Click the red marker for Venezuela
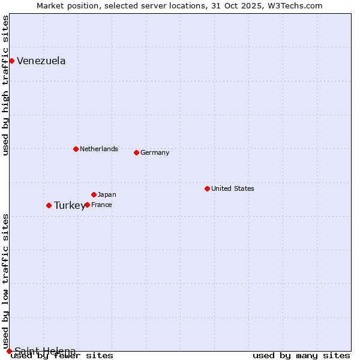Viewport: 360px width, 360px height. (11, 61)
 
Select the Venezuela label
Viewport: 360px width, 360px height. (41, 61)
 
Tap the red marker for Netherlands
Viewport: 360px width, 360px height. (76, 149)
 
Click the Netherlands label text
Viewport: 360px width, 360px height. (98, 149)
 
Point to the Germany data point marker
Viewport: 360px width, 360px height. (136, 152)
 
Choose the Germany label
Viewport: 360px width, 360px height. (154, 152)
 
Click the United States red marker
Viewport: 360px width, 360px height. (207, 188)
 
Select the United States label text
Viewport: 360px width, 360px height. (232, 188)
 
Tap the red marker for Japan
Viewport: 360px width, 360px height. (94, 194)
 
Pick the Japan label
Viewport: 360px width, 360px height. (107, 194)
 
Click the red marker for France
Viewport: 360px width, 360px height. (87, 205)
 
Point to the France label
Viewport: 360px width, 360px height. (101, 205)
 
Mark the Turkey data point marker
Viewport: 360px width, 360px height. (49, 205)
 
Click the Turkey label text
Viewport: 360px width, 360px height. (69, 205)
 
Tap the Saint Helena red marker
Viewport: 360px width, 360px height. (9, 351)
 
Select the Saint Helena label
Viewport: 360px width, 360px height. (45, 351)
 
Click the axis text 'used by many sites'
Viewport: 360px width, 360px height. (301, 355)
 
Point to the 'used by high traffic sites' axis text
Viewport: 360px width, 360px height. (5, 85)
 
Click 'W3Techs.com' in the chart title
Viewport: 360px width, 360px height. (299, 5)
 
